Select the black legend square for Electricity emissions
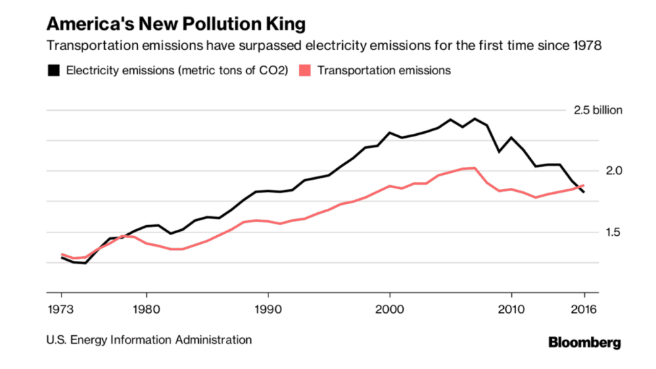coord(53,70)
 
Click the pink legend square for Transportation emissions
coord(305,70)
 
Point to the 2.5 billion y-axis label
coord(598,110)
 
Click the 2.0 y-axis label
coord(614,171)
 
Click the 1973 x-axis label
coord(61,310)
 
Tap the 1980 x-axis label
coord(147,310)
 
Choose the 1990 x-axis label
coord(268,310)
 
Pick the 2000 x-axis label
coord(390,310)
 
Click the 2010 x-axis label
coord(511,310)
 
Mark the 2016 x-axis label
coord(584,310)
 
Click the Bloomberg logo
coord(585,343)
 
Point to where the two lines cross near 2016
coord(579,187)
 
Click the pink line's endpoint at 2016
coord(584,186)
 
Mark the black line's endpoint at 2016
coord(584,192)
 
